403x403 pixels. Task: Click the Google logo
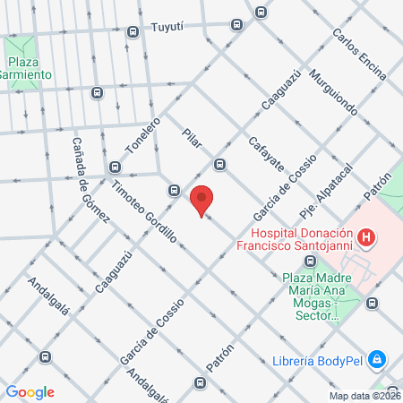(x=30, y=391)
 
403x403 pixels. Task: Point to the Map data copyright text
(x=364, y=396)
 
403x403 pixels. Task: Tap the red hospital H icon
(x=365, y=237)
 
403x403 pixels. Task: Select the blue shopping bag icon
(x=378, y=359)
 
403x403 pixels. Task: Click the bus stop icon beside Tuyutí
(x=133, y=32)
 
